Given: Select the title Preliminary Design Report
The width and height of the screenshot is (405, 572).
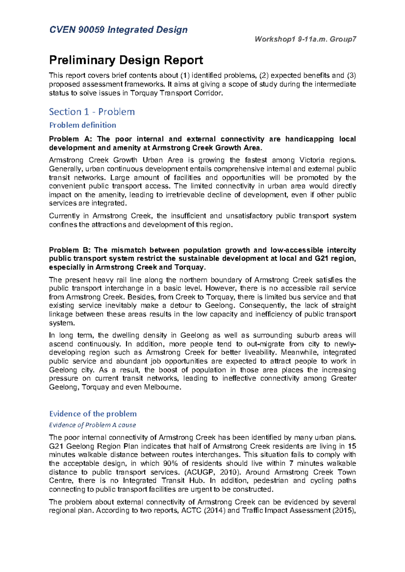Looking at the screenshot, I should pos(126,60).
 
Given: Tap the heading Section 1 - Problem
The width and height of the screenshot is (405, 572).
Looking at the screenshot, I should pos(92,112).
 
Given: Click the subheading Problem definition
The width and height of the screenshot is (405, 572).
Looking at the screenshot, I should pos(83,125).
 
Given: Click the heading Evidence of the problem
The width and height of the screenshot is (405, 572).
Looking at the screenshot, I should pos(93,414).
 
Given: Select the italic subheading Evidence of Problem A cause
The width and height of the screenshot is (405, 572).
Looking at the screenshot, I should pos(92,425).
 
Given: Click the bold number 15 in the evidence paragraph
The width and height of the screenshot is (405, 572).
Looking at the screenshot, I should pos(352,446).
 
